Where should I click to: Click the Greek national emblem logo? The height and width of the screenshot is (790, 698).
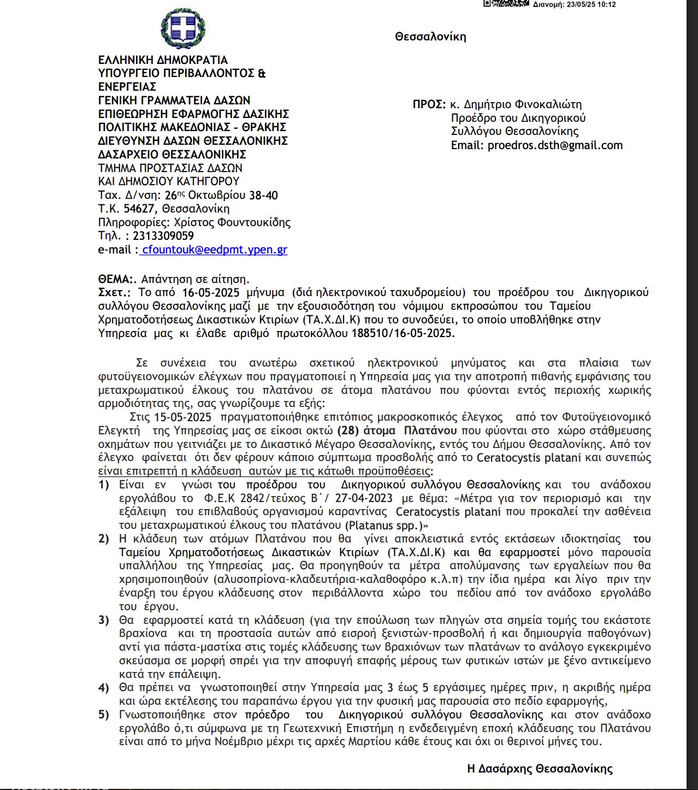click(x=183, y=28)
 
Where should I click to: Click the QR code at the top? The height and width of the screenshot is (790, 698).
click(x=506, y=3)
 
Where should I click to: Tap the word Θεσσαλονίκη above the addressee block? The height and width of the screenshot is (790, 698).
click(x=430, y=37)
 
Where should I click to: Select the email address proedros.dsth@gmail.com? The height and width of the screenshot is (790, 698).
click(x=555, y=145)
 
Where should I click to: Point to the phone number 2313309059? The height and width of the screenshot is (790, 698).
click(x=163, y=236)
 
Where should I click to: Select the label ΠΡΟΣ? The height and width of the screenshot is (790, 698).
click(x=429, y=104)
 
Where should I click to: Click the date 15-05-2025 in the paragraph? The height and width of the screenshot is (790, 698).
click(x=182, y=417)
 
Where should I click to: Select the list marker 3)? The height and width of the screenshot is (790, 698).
click(x=104, y=620)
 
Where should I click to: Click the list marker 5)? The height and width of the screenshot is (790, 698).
click(x=104, y=715)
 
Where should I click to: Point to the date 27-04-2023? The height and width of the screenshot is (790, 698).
click(x=364, y=498)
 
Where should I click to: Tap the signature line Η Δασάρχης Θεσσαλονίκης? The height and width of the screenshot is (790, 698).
click(x=540, y=769)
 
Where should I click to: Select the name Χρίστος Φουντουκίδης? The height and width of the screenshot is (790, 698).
click(x=232, y=222)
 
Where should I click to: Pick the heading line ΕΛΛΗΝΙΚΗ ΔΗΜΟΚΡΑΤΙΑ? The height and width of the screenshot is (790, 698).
click(x=163, y=60)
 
